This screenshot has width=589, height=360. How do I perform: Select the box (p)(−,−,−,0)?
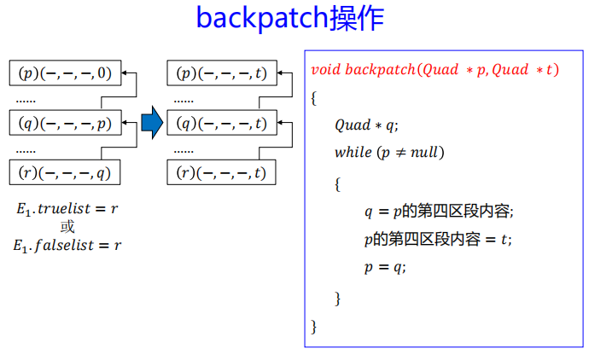coord(65,73)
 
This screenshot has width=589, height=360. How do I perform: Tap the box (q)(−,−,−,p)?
coord(65,124)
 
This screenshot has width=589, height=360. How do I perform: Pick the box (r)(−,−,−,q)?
coord(65,173)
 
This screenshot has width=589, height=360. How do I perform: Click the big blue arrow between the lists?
coord(152,123)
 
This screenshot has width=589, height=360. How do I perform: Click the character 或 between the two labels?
coord(67,227)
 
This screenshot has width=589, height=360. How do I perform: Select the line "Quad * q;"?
coord(366,125)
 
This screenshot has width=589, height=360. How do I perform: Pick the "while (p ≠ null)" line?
coord(389,154)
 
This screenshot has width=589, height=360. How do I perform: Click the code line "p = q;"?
coord(385,267)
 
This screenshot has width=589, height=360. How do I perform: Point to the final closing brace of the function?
coord(314,326)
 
